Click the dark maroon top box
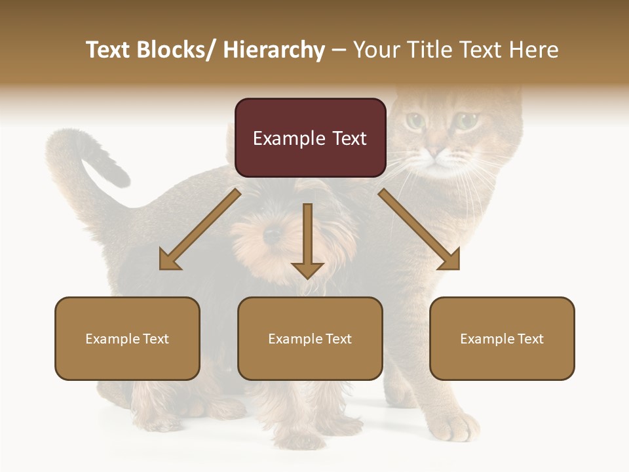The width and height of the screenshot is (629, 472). [x=310, y=138]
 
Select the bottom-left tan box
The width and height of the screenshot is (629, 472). [x=127, y=338]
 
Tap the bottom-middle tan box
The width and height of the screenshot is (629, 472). [x=310, y=338]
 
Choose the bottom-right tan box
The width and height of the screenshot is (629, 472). [x=502, y=338]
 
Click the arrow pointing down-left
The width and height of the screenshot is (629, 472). [x=200, y=229]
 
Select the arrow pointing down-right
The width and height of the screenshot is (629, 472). [x=419, y=229]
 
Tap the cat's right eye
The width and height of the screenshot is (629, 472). [x=467, y=120]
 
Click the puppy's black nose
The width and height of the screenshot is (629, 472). [x=272, y=234]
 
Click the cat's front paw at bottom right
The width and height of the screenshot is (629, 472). [x=459, y=425]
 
